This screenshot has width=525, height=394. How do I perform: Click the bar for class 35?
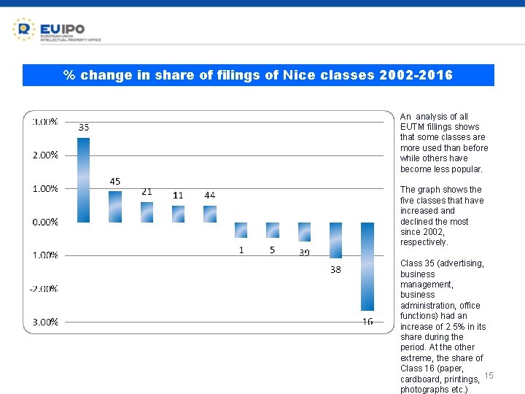tap(83, 179)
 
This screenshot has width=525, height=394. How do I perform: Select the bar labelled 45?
tap(115, 206)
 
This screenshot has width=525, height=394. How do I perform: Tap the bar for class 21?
tap(147, 212)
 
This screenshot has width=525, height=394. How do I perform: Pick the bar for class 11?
tap(178, 214)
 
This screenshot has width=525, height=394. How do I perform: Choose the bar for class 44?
tap(210, 214)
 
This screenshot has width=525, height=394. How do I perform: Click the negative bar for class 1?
tap(241, 230)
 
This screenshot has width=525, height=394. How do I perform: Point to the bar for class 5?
tap(273, 230)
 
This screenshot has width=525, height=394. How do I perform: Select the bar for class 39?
tap(304, 232)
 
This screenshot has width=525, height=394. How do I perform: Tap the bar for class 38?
tap(335, 240)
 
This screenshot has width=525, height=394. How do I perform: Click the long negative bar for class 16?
tap(367, 266)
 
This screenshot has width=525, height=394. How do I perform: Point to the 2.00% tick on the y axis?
tap(44, 155)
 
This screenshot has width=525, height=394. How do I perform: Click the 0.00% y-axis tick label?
tap(44, 222)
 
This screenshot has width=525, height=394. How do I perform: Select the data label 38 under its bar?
tap(335, 269)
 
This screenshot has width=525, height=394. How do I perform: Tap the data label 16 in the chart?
tap(367, 322)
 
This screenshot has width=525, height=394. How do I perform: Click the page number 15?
tap(489, 375)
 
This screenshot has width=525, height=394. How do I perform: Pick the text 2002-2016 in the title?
tap(416, 75)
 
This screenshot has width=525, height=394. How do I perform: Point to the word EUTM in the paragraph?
tap(413, 127)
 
